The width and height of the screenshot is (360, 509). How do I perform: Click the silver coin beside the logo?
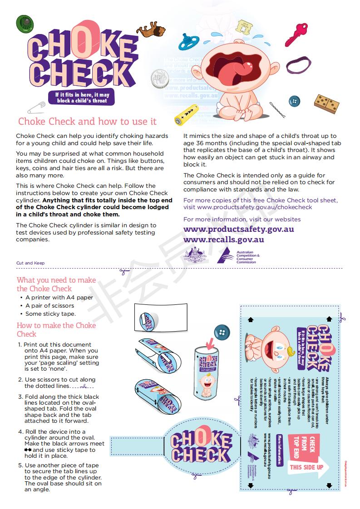tap(159, 78)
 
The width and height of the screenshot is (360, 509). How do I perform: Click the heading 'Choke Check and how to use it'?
tap(87, 122)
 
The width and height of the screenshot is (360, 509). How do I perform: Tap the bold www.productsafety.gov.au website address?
tap(238, 229)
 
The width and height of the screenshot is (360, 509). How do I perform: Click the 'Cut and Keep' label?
tap(30, 263)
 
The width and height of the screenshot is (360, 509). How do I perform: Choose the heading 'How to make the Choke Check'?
tap(56, 330)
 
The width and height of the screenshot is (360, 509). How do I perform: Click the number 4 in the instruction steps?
tap(20, 431)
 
